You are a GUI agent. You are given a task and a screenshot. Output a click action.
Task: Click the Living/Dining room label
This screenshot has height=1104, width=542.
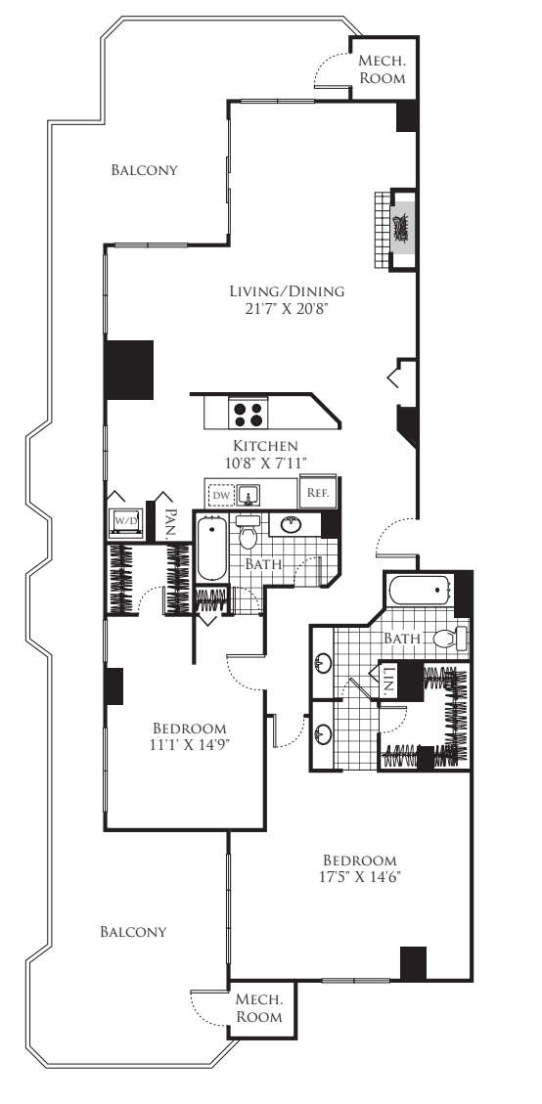pyautogui.click(x=287, y=290)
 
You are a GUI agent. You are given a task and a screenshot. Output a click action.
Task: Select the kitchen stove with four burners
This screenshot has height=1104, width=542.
pyautogui.click(x=248, y=413)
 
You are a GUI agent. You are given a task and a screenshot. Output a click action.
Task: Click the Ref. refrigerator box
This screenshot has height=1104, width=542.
pyautogui.click(x=318, y=492)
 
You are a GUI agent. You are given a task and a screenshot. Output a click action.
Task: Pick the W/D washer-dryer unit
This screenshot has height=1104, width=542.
pyautogui.click(x=125, y=522)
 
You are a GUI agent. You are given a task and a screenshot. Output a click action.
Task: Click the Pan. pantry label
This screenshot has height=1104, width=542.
pyautogui.click(x=169, y=524)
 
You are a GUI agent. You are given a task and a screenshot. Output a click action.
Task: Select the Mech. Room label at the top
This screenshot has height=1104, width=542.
pyautogui.click(x=382, y=69)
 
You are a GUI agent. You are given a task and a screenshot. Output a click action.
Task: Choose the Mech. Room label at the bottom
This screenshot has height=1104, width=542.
pyautogui.click(x=258, y=1008)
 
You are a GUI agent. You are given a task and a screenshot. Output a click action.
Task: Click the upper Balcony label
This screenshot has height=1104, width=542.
pyautogui.click(x=145, y=170)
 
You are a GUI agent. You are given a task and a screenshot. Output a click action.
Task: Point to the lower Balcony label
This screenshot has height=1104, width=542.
pyautogui.click(x=133, y=932)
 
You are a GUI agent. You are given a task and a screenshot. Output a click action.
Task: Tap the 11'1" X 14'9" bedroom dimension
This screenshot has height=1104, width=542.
pyautogui.click(x=191, y=745)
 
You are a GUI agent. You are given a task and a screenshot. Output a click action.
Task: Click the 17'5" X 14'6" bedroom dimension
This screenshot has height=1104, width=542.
pyautogui.click(x=359, y=877)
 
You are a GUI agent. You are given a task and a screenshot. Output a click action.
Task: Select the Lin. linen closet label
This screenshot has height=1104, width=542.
pyautogui.click(x=388, y=681)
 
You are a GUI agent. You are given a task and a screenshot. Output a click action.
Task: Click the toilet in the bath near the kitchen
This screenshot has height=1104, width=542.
pyautogui.click(x=248, y=533)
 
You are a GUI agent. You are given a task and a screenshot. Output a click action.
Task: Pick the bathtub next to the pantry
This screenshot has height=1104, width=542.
pyautogui.click(x=210, y=548)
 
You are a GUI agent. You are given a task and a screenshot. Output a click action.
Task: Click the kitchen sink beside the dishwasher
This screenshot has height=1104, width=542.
pyautogui.click(x=248, y=495)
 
